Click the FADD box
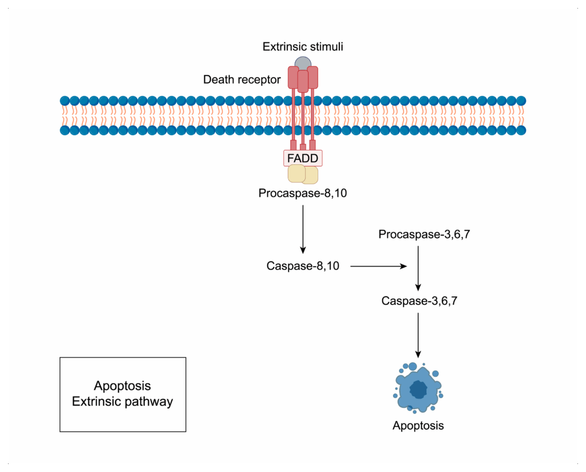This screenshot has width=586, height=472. (x=303, y=158)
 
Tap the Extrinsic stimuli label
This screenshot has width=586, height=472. (x=303, y=46)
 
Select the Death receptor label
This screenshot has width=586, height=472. (x=241, y=80)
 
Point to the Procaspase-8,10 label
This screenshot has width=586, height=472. (x=303, y=193)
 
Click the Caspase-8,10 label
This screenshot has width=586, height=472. (x=303, y=266)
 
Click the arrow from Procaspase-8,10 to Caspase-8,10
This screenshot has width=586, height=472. (x=303, y=229)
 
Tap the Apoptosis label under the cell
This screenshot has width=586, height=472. (x=418, y=426)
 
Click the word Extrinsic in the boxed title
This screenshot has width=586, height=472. (x=94, y=401)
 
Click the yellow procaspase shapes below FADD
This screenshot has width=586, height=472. (x=303, y=174)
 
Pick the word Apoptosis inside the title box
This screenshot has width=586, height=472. (x=122, y=386)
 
